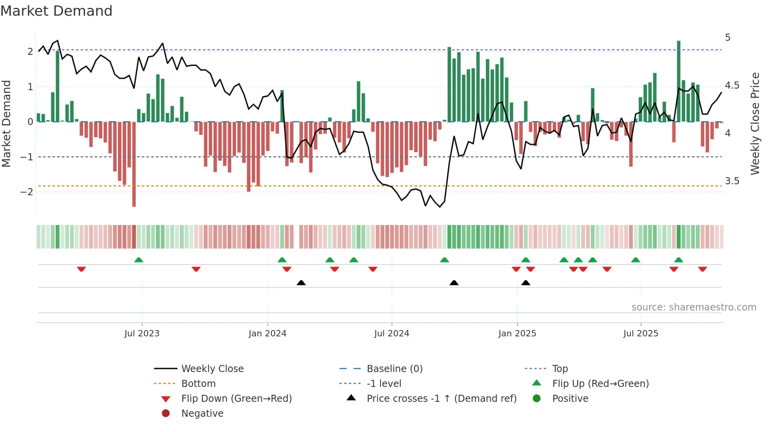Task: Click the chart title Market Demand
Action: tap(56, 11)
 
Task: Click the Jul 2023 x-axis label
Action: tap(142, 334)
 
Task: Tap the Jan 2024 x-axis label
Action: tap(267, 334)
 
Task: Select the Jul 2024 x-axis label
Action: tap(391, 334)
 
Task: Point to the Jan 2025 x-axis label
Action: tap(517, 334)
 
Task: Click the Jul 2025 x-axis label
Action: tap(641, 334)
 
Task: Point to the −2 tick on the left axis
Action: tap(27, 192)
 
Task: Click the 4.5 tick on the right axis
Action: tap(732, 85)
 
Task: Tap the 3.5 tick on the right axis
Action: tap(732, 181)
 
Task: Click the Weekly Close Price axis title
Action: tap(755, 123)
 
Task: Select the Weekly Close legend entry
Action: tap(212, 369)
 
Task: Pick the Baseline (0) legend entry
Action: tap(394, 369)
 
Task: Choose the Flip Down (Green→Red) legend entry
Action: tap(236, 399)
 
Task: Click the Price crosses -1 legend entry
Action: tap(441, 399)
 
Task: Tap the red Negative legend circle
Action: tap(166, 414)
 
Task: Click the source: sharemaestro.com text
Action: tap(694, 307)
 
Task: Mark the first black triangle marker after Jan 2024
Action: tap(301, 283)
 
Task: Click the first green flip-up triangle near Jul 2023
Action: tap(139, 260)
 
